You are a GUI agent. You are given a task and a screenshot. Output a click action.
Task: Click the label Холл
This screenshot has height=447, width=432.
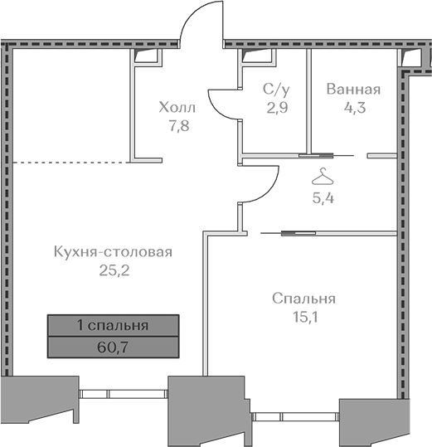(177, 107)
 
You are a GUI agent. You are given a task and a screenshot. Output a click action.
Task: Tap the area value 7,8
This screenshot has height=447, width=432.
(179, 126)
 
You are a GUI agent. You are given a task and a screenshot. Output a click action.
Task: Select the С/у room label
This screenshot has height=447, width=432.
(276, 89)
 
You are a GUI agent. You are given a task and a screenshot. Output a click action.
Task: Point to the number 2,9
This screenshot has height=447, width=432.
(277, 108)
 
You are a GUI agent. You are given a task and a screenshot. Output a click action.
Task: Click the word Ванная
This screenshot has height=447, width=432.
(353, 89)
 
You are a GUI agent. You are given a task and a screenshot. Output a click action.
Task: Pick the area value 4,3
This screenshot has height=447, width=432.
(355, 108)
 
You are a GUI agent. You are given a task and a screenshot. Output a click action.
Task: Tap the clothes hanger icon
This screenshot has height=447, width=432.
(323, 177)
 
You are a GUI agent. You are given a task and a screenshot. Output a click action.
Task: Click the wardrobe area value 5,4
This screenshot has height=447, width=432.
(323, 198)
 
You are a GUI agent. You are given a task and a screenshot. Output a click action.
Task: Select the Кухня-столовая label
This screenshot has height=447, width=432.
(113, 252)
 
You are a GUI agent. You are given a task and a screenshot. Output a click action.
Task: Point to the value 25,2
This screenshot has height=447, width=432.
(114, 270)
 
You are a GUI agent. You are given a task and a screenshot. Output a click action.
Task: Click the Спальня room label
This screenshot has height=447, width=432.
(303, 299)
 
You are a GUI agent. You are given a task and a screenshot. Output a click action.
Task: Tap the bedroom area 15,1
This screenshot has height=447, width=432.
(305, 317)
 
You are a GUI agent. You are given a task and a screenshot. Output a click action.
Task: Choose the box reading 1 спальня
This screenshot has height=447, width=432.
(113, 325)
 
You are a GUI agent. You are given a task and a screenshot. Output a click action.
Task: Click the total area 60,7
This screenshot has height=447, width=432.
(113, 347)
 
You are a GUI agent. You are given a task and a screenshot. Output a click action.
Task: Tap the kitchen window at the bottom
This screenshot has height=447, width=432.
(123, 394)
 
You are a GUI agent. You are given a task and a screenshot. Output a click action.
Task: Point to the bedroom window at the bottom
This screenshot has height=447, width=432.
(295, 417)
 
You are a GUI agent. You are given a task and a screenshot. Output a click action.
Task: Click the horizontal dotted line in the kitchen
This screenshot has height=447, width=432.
(72, 163)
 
